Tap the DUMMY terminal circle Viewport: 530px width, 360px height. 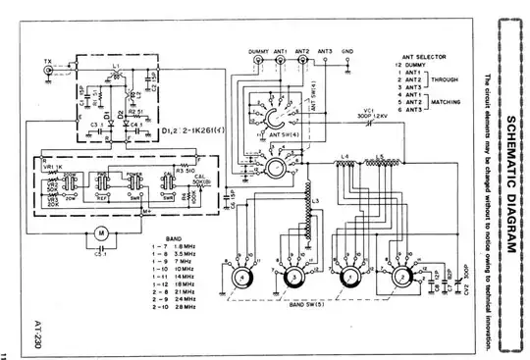259,61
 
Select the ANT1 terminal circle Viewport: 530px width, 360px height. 282,61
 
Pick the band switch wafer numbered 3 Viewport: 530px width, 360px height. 291,279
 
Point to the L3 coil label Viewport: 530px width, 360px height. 314,200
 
